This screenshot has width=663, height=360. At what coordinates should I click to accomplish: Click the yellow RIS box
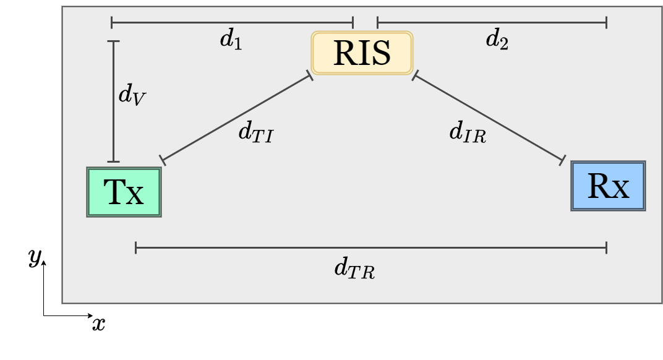(362, 53)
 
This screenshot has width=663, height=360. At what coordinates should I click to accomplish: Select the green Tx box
(124, 192)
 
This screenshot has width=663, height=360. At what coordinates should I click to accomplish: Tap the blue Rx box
(608, 186)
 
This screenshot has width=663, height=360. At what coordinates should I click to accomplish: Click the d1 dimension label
(231, 40)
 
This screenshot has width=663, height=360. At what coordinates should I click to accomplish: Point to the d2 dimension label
(497, 40)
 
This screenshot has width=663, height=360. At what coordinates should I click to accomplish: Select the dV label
(132, 96)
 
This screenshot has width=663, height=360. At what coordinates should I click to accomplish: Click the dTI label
(255, 132)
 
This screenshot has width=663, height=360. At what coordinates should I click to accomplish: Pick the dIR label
(468, 132)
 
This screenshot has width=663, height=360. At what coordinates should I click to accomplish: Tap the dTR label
(354, 269)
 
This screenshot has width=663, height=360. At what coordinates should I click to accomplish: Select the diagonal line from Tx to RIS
(236, 118)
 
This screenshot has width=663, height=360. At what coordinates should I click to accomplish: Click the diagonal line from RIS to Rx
(489, 118)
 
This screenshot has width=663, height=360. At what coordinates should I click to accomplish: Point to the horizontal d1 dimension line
(232, 23)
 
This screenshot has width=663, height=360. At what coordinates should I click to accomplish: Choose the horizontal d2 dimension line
(492, 23)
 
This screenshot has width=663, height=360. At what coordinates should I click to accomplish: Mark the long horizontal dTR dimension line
(371, 248)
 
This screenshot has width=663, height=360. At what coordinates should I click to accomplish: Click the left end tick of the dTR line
(136, 248)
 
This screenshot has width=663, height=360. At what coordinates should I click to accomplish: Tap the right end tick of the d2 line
(606, 23)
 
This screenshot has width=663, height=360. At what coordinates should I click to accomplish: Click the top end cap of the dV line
(113, 41)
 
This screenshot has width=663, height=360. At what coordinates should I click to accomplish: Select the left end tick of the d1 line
(112, 23)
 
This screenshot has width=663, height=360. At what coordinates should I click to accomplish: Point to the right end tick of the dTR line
(606, 248)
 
